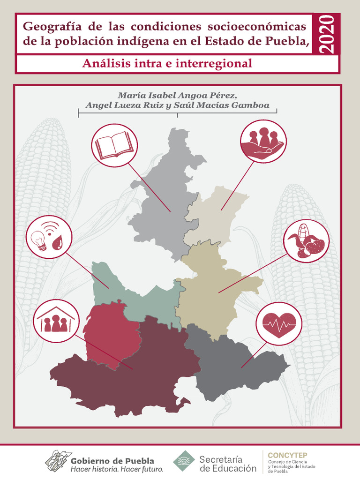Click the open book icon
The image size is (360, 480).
[x=114, y=145]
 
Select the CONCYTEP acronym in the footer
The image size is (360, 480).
[x=287, y=454]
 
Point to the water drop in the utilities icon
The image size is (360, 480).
[x=58, y=243]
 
